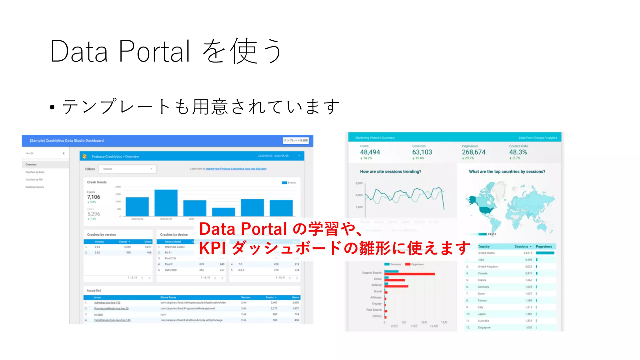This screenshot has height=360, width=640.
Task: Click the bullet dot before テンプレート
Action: pyautogui.click(x=52, y=107)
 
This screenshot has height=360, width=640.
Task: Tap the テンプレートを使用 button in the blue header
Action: pyautogui.click(x=296, y=141)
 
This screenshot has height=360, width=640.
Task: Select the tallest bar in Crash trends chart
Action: pyautogui.click(x=166, y=202)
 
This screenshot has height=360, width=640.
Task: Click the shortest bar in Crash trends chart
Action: pyautogui.click(x=223, y=212)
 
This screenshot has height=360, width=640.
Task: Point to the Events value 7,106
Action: pyautogui.click(x=93, y=197)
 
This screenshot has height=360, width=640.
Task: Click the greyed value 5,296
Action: pyautogui.click(x=93, y=214)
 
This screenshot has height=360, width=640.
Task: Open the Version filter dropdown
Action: pyautogui.click(x=127, y=169)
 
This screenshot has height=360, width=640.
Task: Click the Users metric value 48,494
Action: pyautogui.click(x=370, y=152)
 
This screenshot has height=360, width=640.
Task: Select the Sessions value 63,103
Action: pyautogui.click(x=422, y=152)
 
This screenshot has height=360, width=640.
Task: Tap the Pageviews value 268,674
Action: pyautogui.click(x=474, y=152)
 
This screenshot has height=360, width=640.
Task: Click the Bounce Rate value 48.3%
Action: pyautogui.click(x=518, y=152)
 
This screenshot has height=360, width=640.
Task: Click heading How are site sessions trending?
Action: pyautogui.click(x=390, y=172)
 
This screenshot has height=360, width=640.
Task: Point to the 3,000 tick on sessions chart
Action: pyautogui.click(x=359, y=183)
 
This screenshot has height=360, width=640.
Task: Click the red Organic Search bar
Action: pyautogui.click(x=409, y=274)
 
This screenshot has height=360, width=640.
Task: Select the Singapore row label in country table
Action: pyautogui.click(x=484, y=327)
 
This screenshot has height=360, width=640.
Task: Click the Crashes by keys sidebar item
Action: pyautogui.click(x=35, y=172)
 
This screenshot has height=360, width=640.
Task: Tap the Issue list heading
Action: pyautogui.click(x=94, y=290)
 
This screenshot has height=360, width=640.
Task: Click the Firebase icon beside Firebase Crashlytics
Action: pyautogui.click(x=85, y=156)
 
